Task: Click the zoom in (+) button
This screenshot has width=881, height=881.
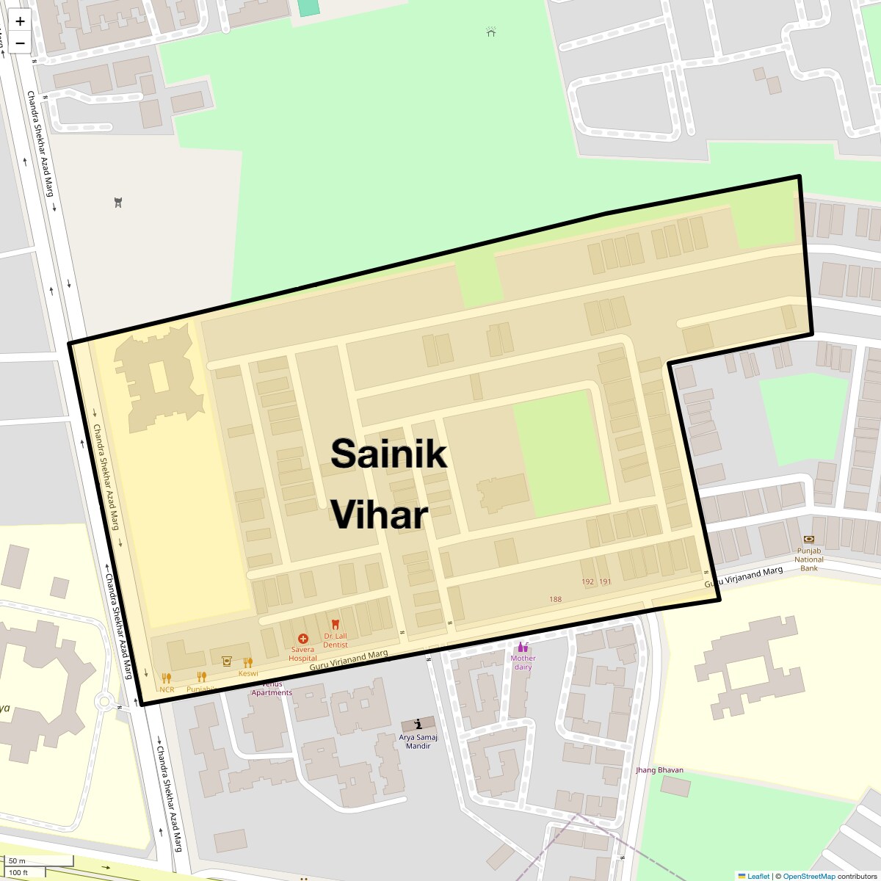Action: pos(20,21)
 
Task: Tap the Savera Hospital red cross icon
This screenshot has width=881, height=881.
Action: pos(302,639)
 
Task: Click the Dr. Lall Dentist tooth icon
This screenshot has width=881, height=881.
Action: pos(336,625)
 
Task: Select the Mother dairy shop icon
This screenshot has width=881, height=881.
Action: pos(523,647)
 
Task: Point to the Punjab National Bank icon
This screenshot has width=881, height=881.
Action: pos(808,540)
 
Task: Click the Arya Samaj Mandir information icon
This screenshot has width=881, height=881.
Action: pos(418,724)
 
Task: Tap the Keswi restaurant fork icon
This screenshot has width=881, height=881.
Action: pos(248,662)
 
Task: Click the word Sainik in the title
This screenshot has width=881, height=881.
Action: pos(388,453)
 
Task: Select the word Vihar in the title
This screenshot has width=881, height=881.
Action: pos(380,515)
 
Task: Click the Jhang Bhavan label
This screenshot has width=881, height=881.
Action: pos(659,770)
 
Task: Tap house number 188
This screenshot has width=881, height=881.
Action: pos(556,599)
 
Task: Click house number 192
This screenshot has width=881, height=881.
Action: pos(587,581)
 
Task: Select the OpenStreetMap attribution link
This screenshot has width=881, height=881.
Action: pos(808,876)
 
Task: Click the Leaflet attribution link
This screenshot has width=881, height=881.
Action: pos(758,876)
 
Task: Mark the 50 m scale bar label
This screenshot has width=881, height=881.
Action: pos(17,860)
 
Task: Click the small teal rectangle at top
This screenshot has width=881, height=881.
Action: pos(308,7)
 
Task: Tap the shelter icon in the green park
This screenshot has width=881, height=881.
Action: pos(491,32)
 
